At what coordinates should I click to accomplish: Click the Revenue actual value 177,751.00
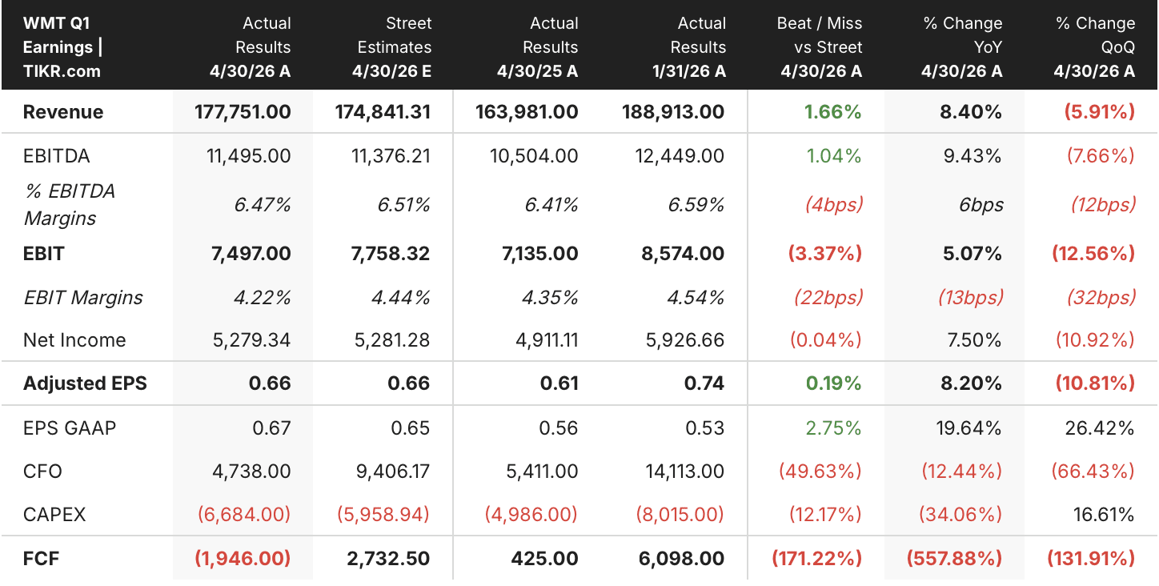click(243, 112)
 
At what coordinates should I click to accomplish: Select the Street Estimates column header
click(391, 47)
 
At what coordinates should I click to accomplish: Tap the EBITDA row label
click(56, 156)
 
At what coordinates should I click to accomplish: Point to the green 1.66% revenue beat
click(832, 112)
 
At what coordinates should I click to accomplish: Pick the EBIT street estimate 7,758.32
click(390, 254)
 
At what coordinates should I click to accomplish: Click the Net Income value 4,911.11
click(547, 340)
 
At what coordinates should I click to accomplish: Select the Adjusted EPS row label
click(85, 383)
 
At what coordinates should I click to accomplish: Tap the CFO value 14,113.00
click(684, 472)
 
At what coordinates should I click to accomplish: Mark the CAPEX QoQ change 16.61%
click(1104, 515)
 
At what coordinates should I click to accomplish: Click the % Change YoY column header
click(961, 47)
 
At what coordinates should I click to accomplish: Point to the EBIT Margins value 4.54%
click(696, 298)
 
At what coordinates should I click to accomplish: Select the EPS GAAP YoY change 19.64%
click(969, 428)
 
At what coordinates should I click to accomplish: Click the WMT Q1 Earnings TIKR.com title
click(62, 47)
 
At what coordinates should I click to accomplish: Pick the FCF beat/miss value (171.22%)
click(817, 559)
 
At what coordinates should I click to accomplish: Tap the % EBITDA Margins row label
click(70, 205)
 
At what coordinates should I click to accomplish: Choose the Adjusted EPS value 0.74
click(704, 383)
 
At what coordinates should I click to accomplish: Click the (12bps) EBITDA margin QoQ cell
click(1103, 205)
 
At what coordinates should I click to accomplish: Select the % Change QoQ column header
click(1094, 47)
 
